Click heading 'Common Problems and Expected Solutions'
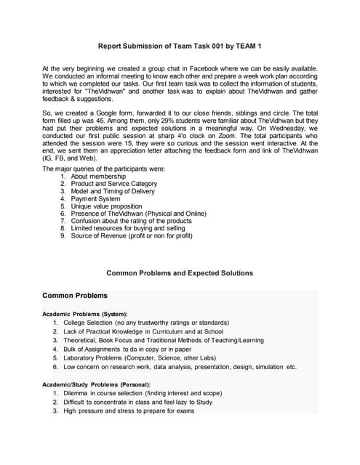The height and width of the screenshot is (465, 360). click(x=180, y=273)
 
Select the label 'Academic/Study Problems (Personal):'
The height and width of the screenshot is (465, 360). click(x=97, y=384)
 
